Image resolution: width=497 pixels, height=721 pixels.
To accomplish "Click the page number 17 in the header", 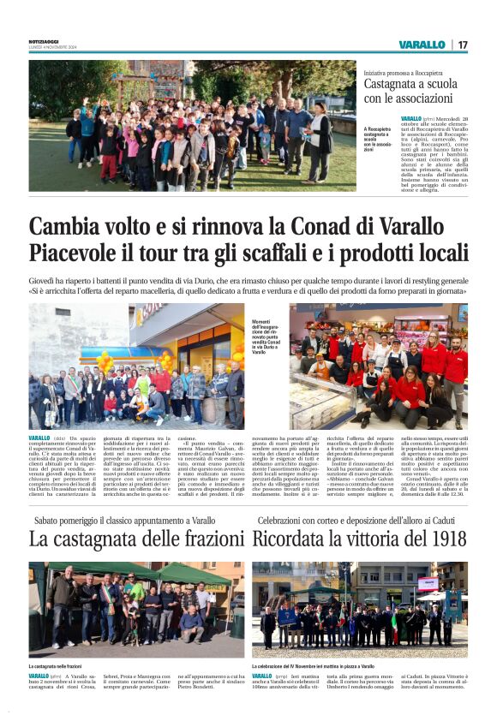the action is (x=463, y=45).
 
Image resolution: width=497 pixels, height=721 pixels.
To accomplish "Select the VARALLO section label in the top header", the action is (x=422, y=45).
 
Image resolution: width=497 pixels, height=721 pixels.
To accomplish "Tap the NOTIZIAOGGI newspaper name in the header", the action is (x=45, y=41).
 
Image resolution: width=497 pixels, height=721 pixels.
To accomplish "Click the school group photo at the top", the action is (x=192, y=125).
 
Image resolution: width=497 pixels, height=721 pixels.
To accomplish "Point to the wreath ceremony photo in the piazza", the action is (x=359, y=609).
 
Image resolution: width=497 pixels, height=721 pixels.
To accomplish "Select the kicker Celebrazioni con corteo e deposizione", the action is (x=361, y=520).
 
